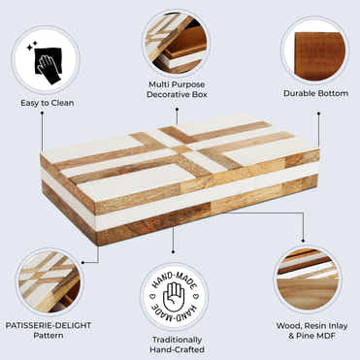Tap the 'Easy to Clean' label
pos(48,103)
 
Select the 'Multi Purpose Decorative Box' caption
pos(177,89)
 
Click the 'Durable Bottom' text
pos(315,93)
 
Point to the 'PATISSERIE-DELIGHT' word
pos(49,325)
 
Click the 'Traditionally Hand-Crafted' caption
pos(177,344)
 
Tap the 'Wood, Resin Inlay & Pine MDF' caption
pos(311,331)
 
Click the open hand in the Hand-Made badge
pos(174,297)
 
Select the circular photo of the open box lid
pos(177,43)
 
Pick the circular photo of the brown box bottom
pos(315,52)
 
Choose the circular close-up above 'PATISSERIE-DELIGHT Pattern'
pos(49,281)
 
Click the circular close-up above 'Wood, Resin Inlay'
pos(308,278)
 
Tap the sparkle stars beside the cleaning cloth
pos(32,47)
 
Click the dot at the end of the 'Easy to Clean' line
pos(42,113)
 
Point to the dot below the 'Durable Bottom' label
pos(318,114)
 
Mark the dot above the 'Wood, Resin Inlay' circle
pos(303,241)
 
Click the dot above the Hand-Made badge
pos(174,251)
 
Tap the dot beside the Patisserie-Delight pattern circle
pos(82,263)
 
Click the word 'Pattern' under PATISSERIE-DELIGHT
pos(49,335)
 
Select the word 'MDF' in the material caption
pos(325,336)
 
